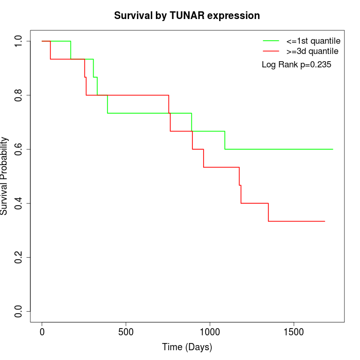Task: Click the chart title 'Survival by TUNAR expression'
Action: [187, 15]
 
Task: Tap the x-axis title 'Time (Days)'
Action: [187, 347]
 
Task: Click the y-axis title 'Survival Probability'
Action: [5, 176]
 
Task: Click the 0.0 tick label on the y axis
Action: [19, 311]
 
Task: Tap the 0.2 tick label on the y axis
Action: [19, 257]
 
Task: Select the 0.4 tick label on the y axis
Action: [19, 203]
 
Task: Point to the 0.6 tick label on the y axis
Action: [19, 149]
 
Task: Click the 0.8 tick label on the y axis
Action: [19, 95]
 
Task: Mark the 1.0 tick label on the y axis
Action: [19, 41]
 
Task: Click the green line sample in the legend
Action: [271, 41]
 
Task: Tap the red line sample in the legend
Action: [271, 51]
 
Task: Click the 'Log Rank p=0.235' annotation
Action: [296, 65]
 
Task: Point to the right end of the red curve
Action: [325, 221]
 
